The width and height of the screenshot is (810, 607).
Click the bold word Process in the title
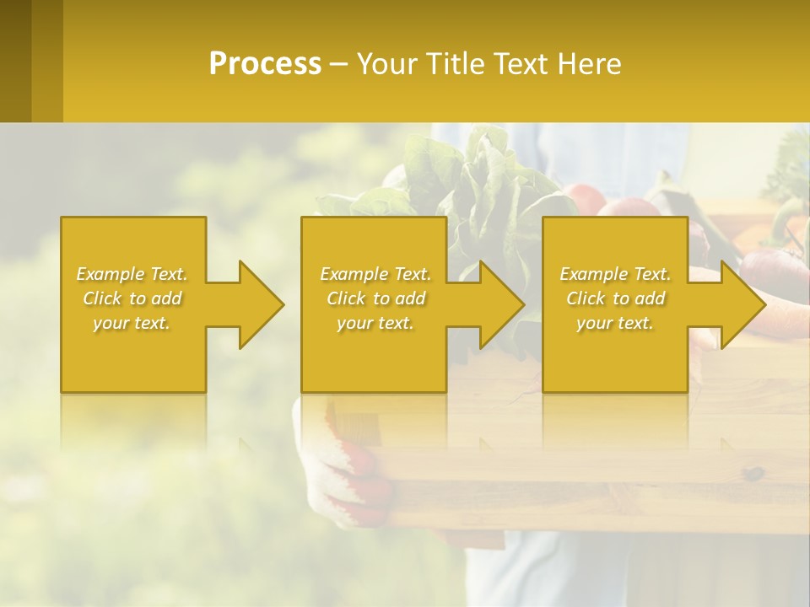(265, 64)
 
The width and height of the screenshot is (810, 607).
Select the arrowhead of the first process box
(258, 304)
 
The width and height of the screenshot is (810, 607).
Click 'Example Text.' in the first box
(132, 274)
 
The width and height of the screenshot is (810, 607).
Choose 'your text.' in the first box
(132, 323)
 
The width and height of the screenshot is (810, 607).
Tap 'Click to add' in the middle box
(375, 298)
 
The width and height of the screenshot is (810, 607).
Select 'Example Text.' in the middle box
(375, 274)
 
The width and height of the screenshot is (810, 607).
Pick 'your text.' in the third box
(615, 323)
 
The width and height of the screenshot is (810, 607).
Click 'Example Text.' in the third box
(615, 274)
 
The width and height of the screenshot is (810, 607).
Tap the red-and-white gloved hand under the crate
(354, 472)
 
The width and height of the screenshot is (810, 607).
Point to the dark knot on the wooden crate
(753, 475)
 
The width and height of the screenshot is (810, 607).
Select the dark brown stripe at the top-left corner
(15, 59)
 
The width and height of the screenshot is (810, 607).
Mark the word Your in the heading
(388, 64)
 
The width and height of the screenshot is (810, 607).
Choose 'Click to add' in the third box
(615, 298)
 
